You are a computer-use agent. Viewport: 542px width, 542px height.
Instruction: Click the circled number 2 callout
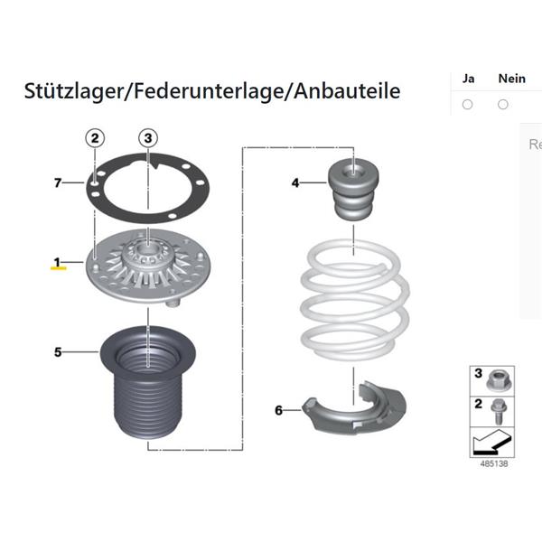coord(95,138)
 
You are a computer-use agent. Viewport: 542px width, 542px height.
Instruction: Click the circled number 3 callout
coord(148,138)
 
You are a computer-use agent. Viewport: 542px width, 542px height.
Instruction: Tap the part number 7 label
coord(58,182)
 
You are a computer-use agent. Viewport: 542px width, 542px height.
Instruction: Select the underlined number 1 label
coord(58,262)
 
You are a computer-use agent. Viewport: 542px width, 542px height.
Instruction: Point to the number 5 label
coord(58,352)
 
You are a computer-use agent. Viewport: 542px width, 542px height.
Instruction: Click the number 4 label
coord(295,182)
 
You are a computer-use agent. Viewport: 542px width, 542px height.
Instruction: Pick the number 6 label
coord(278,410)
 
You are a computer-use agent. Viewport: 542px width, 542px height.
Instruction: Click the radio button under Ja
coord(467,105)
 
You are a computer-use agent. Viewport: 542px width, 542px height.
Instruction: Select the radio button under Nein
coord(503,105)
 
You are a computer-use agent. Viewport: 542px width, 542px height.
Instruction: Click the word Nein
coord(511,79)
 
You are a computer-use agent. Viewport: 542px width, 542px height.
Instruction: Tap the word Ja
coord(468,79)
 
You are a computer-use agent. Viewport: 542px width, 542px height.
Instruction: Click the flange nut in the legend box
coord(497,380)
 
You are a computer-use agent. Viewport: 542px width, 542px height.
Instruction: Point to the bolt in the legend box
coord(499,411)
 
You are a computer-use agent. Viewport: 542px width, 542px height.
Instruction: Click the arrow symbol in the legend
coord(491,442)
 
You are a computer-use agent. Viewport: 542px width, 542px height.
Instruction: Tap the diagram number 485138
coord(494,463)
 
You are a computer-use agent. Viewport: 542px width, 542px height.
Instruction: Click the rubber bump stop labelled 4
coord(353,189)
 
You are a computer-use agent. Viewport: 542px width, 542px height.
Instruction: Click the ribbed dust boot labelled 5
coord(148,383)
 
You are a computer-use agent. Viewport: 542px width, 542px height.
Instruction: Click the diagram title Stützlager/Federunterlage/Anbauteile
coord(212,91)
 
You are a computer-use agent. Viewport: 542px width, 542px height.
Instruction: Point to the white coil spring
coord(355,301)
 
